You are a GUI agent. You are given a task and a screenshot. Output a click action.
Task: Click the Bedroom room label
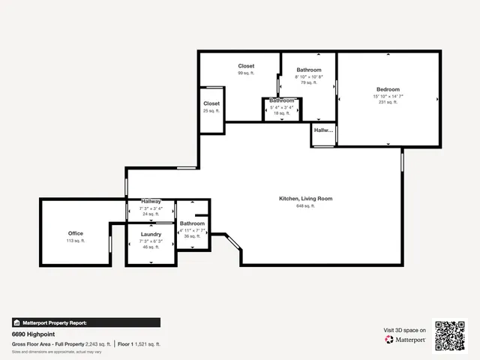click(x=388, y=89)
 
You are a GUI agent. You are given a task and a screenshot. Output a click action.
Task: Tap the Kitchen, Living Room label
click(x=305, y=199)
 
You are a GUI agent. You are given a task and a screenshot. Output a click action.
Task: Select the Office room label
click(x=76, y=233)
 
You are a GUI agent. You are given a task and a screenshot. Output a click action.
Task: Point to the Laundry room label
click(x=151, y=234)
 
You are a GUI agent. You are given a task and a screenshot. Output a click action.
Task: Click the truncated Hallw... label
click(x=323, y=130)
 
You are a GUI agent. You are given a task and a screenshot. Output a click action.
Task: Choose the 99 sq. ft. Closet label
click(x=246, y=66)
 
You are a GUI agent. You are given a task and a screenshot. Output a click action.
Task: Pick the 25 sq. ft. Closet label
click(x=211, y=103)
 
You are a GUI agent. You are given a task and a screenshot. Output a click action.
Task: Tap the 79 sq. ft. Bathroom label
click(x=309, y=69)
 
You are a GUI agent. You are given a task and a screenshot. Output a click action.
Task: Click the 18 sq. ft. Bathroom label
click(x=282, y=100)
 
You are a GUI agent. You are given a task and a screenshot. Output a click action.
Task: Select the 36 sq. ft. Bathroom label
click(x=192, y=223)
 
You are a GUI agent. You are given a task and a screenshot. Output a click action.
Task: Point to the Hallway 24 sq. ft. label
click(x=151, y=202)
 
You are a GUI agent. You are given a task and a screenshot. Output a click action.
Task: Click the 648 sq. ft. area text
click(x=305, y=206)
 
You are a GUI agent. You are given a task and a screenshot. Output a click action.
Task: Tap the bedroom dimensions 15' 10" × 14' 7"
click(x=388, y=96)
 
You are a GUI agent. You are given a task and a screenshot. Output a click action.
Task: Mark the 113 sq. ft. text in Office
click(x=76, y=241)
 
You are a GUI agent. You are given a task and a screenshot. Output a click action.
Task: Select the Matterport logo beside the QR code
click(x=405, y=340)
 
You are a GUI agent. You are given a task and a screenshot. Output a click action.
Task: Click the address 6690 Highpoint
click(x=33, y=334)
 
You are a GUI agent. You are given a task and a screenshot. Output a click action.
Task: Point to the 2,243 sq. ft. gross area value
click(x=97, y=343)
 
